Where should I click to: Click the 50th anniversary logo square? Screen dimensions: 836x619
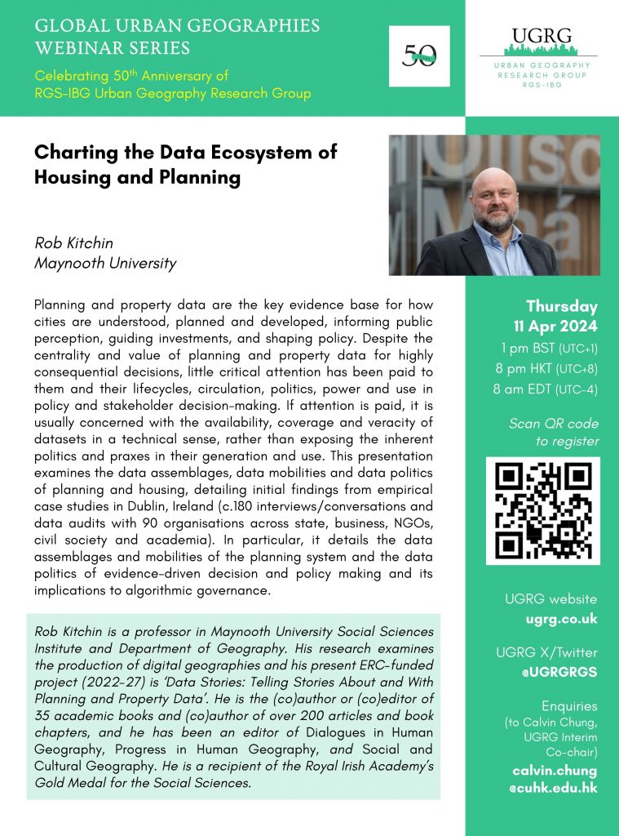420,56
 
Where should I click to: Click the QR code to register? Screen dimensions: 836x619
542,510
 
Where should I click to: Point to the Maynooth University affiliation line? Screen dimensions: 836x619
105,263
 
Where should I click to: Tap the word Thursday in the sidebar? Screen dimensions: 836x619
562,307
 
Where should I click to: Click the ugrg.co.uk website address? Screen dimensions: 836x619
562,619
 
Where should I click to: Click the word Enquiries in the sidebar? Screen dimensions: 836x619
569,705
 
